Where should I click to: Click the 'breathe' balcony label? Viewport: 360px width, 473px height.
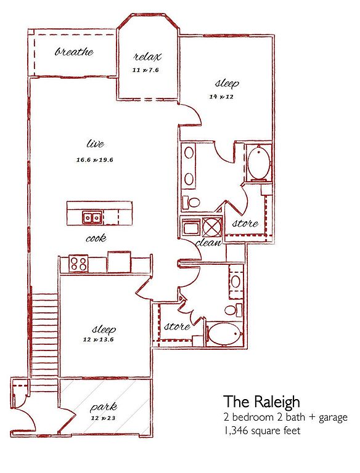coord(74,52)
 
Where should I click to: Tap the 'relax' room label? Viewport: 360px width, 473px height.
coord(147,57)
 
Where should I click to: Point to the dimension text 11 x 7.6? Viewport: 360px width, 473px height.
coord(145,70)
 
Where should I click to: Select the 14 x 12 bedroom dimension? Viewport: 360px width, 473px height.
coord(221,97)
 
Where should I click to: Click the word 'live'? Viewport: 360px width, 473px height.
coord(95,144)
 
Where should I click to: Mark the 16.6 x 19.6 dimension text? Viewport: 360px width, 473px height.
coord(94,160)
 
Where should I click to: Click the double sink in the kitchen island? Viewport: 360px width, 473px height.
coord(91,217)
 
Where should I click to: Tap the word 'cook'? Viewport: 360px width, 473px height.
coord(96,238)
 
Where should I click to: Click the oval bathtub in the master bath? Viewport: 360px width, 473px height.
coord(258,163)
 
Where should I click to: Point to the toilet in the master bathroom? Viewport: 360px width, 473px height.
coord(191,202)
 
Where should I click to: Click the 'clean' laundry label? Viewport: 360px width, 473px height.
coord(208,243)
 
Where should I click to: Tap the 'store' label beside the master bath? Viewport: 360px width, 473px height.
coord(245,223)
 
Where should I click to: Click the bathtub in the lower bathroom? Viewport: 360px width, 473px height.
coord(226,334)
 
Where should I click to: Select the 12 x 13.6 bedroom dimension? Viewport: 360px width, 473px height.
coord(98,340)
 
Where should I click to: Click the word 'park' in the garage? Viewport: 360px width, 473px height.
coord(104,408)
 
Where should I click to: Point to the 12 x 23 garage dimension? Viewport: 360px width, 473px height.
coord(104,418)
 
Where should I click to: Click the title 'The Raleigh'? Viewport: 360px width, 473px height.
coord(262,402)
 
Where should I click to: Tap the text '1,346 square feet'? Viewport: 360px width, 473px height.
coord(262,431)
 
